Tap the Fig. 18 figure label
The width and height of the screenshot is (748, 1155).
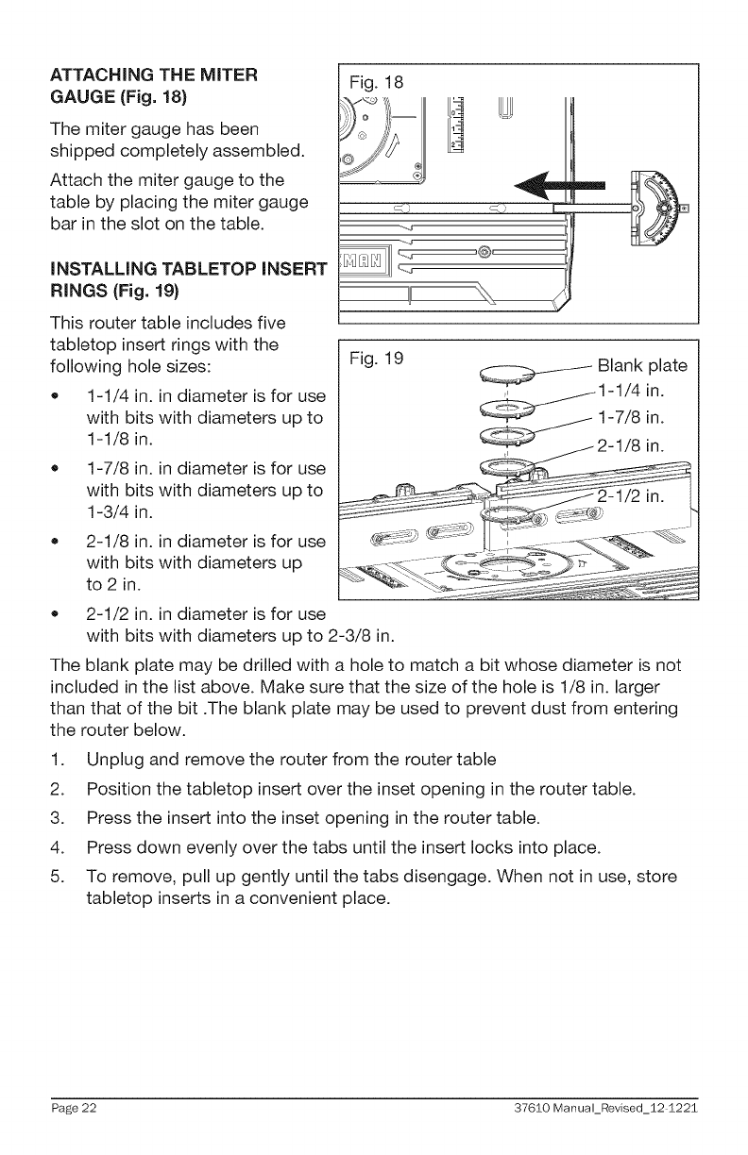click(376, 81)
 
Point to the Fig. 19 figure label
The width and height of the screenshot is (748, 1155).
click(376, 359)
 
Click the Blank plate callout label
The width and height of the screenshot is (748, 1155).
click(642, 366)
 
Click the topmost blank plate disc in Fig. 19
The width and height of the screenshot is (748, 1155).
click(507, 373)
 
